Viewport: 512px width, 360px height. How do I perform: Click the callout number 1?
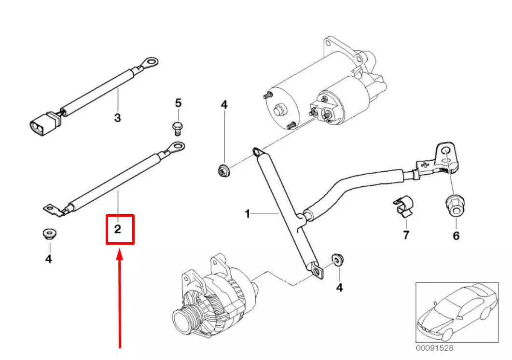(x=247, y=213)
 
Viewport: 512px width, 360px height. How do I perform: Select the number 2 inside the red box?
(x=118, y=229)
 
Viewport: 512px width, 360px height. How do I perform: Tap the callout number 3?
(x=117, y=117)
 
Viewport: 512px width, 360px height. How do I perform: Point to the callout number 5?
(x=178, y=103)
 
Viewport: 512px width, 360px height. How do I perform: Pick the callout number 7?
(x=406, y=235)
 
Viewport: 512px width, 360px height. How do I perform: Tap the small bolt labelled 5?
(x=177, y=127)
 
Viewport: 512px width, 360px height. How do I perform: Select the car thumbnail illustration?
(x=456, y=311)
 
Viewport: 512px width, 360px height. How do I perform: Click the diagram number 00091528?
(x=435, y=347)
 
